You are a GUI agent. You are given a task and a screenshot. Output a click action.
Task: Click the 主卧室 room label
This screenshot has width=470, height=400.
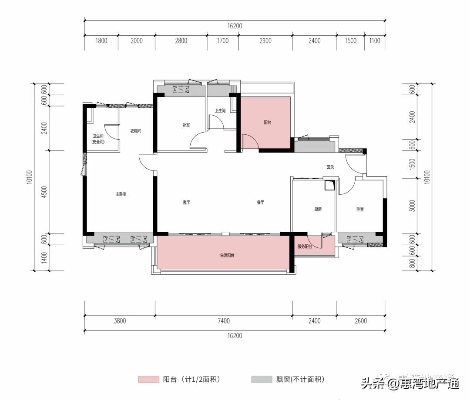[x=121, y=194]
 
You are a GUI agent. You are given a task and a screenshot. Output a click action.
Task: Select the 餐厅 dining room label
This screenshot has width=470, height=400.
[x=260, y=202]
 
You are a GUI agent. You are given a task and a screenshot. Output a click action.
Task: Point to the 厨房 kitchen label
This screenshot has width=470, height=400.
[x=318, y=209]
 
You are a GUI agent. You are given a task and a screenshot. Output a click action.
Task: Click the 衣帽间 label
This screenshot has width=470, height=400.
[x=135, y=131]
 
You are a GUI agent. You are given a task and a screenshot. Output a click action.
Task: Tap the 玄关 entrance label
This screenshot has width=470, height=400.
[x=330, y=167]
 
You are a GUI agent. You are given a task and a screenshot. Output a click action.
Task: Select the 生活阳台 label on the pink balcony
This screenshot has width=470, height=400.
[x=227, y=256]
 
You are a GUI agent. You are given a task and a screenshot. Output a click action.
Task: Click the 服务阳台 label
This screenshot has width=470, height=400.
[x=305, y=247]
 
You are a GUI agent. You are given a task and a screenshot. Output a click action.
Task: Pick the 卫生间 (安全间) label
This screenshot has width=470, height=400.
[x=98, y=139]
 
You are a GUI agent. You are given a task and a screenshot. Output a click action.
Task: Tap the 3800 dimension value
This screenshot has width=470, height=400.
[x=120, y=321]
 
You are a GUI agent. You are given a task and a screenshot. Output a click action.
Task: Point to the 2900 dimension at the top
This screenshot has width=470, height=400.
[x=265, y=41]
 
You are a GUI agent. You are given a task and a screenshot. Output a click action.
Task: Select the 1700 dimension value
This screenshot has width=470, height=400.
[x=222, y=41]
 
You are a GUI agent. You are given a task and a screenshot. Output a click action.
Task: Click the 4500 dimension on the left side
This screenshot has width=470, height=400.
[x=44, y=191]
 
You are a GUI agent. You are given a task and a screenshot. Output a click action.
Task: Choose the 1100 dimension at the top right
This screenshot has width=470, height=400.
[x=374, y=41]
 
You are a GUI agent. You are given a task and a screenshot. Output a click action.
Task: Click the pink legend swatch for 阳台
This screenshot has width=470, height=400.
[x=148, y=380]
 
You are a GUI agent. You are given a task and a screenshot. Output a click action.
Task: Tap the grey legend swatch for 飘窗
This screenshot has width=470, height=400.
[x=261, y=380]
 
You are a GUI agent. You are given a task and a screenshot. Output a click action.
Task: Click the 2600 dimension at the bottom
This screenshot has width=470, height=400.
[x=361, y=321]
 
